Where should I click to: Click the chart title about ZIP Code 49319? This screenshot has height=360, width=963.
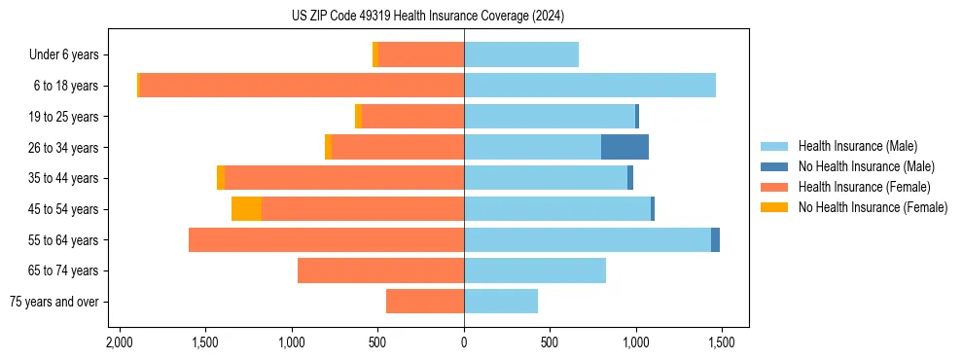pyautogui.click(x=427, y=17)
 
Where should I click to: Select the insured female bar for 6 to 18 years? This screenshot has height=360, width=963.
pyautogui.click(x=302, y=86)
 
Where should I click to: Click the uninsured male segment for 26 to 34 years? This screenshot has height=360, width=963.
pyautogui.click(x=624, y=147)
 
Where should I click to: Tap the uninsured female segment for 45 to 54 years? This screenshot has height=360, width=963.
pyautogui.click(x=246, y=209)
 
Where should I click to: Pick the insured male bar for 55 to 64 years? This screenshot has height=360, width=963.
pyautogui.click(x=588, y=240)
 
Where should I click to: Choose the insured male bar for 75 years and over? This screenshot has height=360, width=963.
pyautogui.click(x=501, y=302)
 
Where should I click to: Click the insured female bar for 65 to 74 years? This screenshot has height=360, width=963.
pyautogui.click(x=380, y=270)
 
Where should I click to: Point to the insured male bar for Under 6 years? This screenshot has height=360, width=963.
pyautogui.click(x=521, y=54)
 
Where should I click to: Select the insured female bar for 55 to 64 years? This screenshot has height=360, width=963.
pyautogui.click(x=326, y=240)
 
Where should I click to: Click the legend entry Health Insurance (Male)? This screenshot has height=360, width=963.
pyautogui.click(x=857, y=146)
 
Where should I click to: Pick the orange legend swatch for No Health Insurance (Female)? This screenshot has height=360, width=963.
pyautogui.click(x=775, y=207)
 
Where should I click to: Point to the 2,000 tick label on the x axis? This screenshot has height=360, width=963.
pyautogui.click(x=120, y=343)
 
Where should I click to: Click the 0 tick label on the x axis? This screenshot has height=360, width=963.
pyautogui.click(x=464, y=343)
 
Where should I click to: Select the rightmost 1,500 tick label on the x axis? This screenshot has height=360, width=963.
pyautogui.click(x=721, y=343)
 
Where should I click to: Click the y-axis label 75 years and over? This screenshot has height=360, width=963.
pyautogui.click(x=54, y=302)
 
